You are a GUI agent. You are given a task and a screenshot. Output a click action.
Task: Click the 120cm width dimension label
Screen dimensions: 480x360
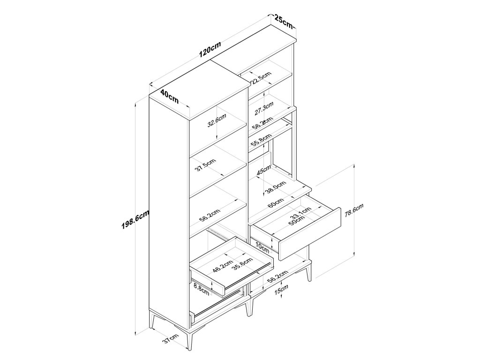[x=210, y=49]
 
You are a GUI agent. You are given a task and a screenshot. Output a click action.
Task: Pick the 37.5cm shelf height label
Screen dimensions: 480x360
[x=206, y=165]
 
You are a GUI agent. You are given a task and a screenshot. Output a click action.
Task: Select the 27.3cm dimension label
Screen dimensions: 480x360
[x=263, y=110]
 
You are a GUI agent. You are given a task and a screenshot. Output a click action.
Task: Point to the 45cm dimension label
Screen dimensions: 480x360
[x=264, y=172]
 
